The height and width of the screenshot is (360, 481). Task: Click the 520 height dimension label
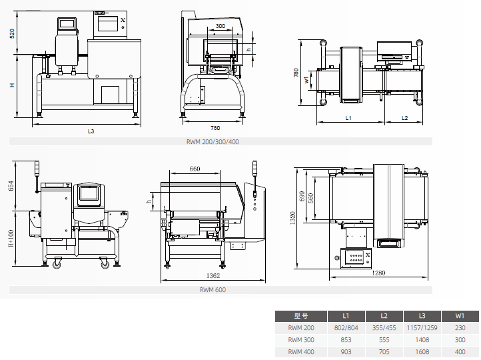tap(12, 33)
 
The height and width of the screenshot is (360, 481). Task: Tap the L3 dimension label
tap(91, 131)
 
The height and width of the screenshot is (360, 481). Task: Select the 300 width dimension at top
tap(221, 26)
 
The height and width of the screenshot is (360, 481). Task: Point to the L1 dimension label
tap(348, 118)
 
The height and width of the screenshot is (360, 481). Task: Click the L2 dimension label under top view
tap(404, 118)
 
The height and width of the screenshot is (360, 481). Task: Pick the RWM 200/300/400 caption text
tap(213, 142)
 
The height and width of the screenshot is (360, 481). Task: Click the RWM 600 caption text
tap(213, 290)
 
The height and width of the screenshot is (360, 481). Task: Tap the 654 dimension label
tap(11, 186)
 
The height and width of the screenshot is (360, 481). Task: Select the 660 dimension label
tap(195, 169)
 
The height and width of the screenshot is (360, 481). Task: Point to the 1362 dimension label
tap(213, 275)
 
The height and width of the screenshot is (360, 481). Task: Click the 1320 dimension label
tap(292, 218)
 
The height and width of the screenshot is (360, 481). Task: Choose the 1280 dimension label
tap(378, 273)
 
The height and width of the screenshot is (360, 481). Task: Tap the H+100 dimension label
tap(11, 239)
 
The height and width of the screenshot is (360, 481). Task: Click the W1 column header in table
tap(460, 316)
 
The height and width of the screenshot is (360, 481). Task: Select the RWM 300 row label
tap(301, 340)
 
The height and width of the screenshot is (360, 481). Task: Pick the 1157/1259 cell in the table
tap(422, 328)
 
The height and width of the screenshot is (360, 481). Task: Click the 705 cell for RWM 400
tap(384, 352)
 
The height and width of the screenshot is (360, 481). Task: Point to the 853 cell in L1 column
tap(346, 340)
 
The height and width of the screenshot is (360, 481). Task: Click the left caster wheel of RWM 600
tap(57, 263)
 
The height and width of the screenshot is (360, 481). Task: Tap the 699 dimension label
tap(302, 197)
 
